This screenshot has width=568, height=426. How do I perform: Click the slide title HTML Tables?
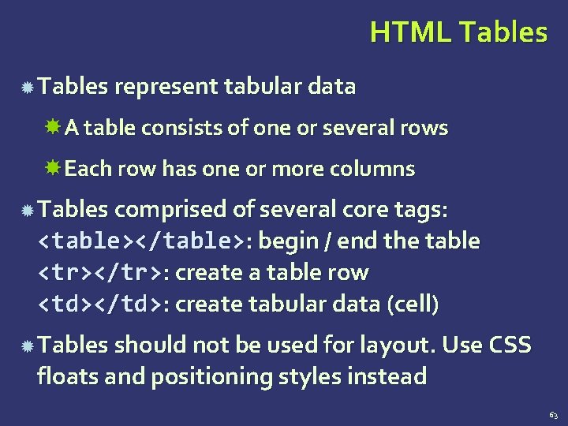(x=458, y=32)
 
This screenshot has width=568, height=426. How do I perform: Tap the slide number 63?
(x=553, y=414)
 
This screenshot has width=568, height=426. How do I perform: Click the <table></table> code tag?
(x=141, y=240)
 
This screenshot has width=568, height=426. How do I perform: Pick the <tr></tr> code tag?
(x=101, y=273)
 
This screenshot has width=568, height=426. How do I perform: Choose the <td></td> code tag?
(x=101, y=305)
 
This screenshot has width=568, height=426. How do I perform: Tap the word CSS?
(x=510, y=345)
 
